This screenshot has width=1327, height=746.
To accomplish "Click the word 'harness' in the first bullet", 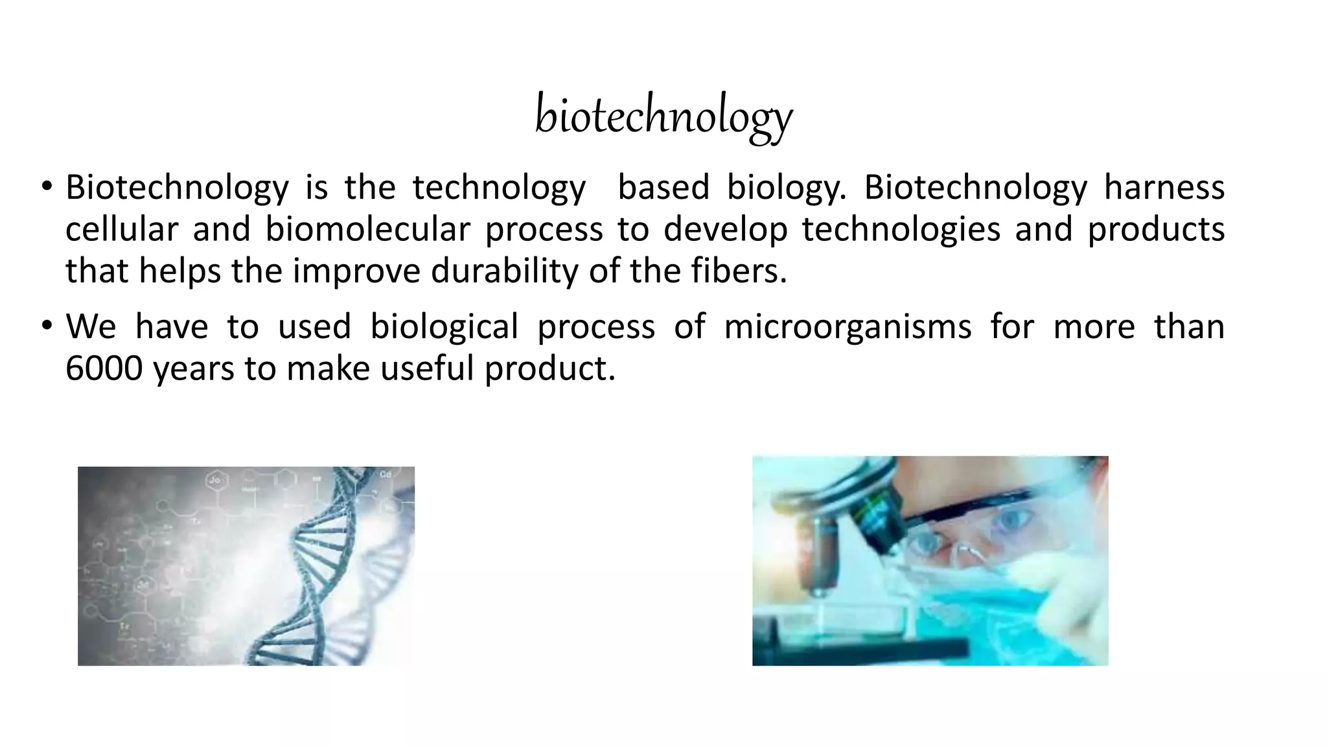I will tap(1164, 188).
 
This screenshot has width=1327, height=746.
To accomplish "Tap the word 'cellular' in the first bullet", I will tap(121, 229).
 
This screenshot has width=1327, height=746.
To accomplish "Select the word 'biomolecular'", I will tap(367, 229).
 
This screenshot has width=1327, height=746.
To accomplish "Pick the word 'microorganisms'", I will tap(848, 326).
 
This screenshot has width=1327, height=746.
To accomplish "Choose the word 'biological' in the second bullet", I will tap(444, 326).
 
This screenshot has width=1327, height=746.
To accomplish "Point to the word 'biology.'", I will tap(786, 188).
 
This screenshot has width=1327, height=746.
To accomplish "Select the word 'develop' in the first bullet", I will tap(725, 229).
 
